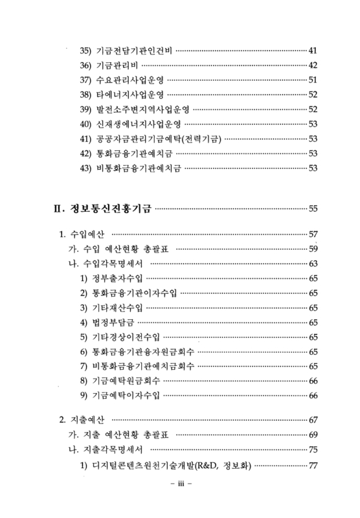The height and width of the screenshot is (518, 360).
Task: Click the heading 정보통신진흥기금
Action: [110, 208]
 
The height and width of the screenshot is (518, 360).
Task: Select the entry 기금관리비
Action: [117, 65]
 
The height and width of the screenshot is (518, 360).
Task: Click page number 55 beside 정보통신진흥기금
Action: [313, 208]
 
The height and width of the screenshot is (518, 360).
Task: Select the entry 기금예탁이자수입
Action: [129, 396]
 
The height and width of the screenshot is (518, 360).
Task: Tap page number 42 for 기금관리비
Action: [312, 65]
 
